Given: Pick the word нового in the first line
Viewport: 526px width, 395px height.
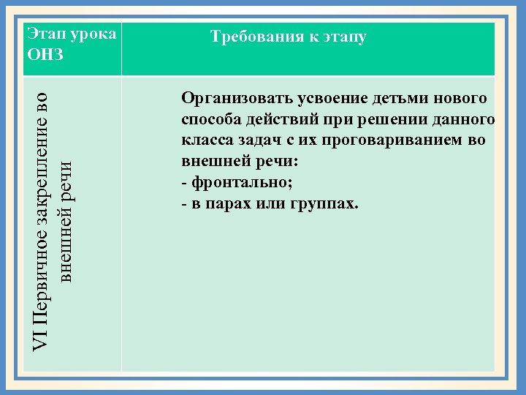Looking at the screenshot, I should point(460,98).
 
